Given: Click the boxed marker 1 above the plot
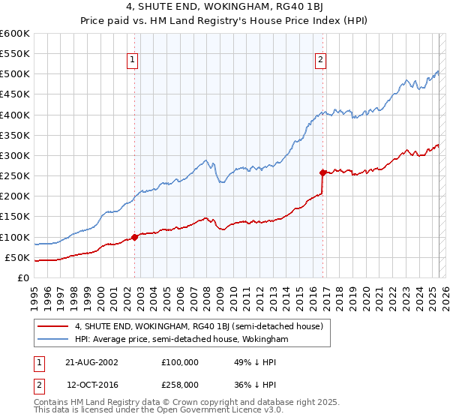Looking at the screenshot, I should point(133,61).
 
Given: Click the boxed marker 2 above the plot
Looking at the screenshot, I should point(320,61).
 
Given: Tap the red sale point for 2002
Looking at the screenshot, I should point(135,237).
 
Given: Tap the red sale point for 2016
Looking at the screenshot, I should point(322,172).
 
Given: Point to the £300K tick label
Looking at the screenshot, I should point(15,156).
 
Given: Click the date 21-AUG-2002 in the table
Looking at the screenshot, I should point(91,362).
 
